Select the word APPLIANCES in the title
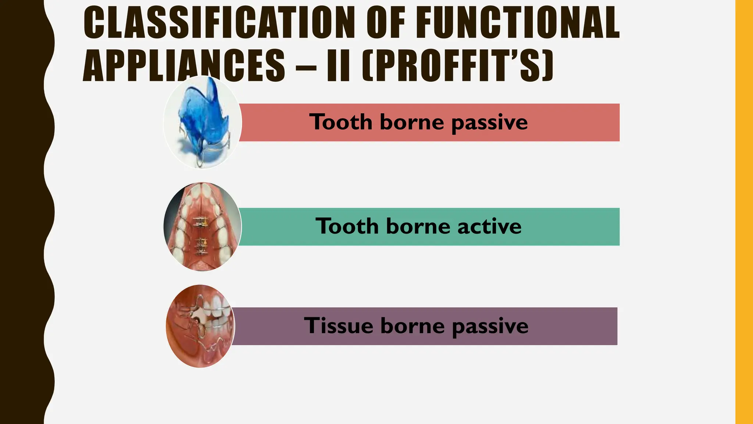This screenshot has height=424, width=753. [184, 66]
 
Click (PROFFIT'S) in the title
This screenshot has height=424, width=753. [457, 66]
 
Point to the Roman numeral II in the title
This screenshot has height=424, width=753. [338, 66]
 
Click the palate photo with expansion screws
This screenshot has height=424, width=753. [202, 227]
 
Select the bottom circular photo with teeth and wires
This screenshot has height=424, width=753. [200, 326]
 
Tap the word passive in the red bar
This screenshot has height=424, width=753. [489, 123]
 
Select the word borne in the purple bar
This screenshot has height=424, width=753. [412, 326]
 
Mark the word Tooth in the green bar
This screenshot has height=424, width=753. [347, 226]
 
